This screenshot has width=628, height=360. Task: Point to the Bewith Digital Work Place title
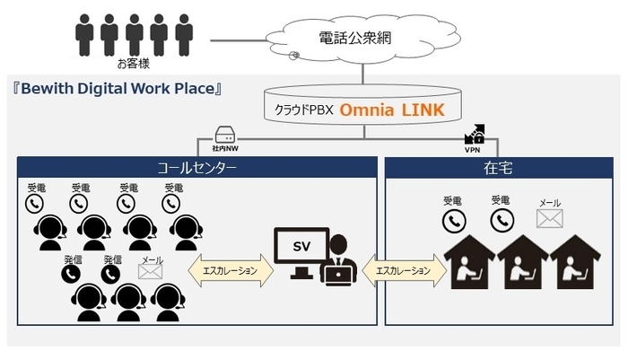point(117,90)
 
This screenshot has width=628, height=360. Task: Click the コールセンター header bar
point(196,167)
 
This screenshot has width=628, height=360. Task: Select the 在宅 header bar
point(498,167)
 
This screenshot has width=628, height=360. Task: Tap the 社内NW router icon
point(225,136)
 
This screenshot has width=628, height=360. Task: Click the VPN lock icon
point(474,136)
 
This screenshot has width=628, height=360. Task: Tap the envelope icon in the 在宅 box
point(549,218)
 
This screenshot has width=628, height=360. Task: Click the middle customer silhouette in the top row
point(134,37)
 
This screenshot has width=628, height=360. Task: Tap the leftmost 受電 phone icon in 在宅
point(453,219)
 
